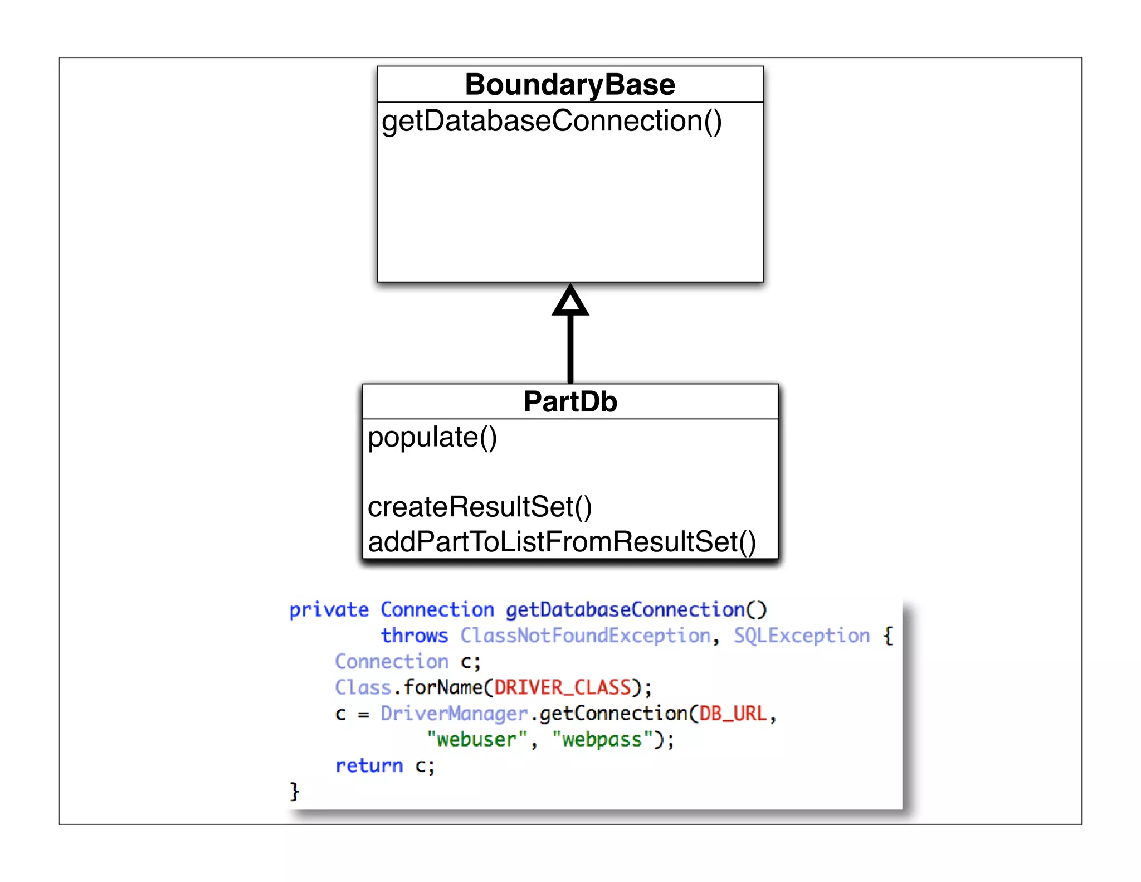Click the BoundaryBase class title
pos(570,85)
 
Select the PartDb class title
pos(570,402)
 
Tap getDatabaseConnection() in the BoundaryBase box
pos(551,121)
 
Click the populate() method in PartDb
pos(432,437)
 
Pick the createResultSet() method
pos(479,507)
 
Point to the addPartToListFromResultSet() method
pos(562,542)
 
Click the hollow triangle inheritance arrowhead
pos(570,302)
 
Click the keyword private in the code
pos(328,610)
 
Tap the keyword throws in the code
pos(414,636)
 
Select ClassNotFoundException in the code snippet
pos(585,636)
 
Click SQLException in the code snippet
pos(801,636)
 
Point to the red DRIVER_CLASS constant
pos(562,687)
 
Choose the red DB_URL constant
pos(733,714)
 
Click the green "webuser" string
pos(476,740)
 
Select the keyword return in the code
pos(368,766)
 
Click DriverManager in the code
pos(454,714)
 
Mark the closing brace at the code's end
pos(294,792)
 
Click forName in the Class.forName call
pos(443,687)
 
